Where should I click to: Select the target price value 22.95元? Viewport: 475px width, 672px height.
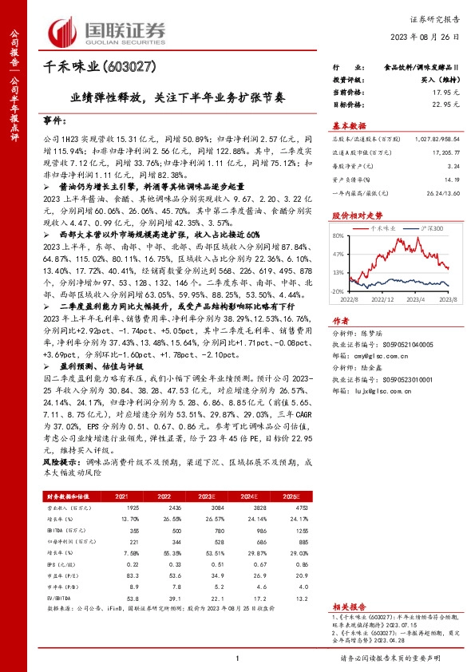click(452, 105)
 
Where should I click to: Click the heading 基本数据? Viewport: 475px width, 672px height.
click(349, 125)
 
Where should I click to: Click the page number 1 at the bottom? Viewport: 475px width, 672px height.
click(238, 658)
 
